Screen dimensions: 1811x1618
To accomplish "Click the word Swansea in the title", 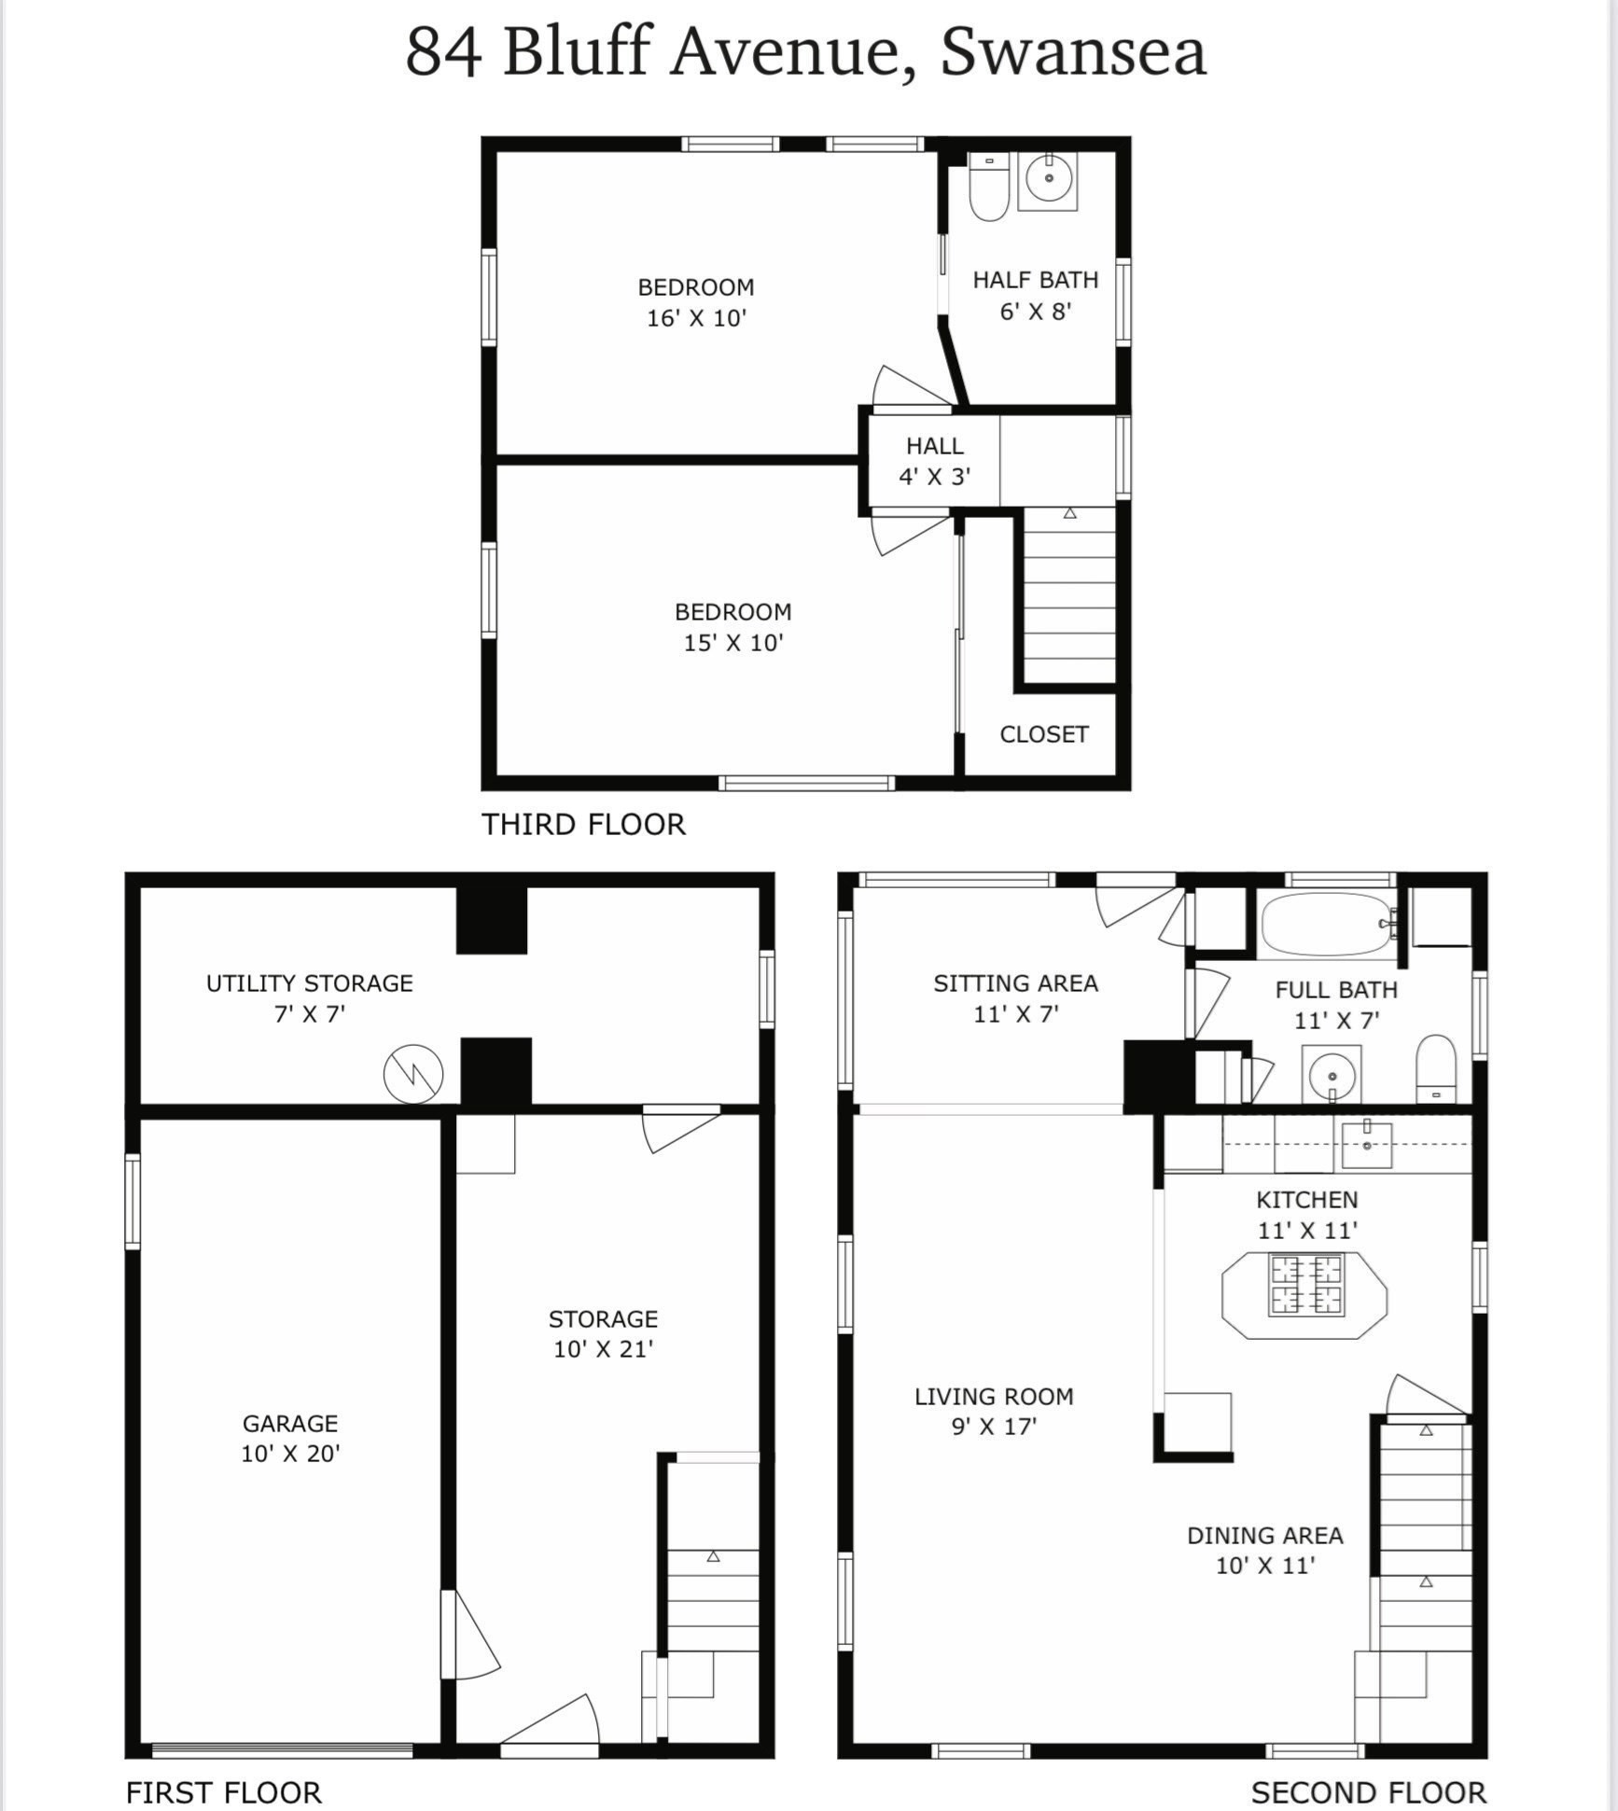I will tap(1073, 52).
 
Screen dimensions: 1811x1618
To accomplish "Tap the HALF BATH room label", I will tap(1035, 280).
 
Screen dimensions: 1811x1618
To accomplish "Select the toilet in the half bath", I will tap(988, 188).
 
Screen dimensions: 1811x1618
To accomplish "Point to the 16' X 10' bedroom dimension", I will tap(696, 318).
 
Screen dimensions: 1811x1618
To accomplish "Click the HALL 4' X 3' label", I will tap(934, 461).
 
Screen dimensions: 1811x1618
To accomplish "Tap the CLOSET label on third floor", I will tap(1043, 734).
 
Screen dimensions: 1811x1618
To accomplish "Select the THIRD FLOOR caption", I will tap(583, 824).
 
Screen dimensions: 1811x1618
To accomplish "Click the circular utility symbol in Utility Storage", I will tap(413, 1074).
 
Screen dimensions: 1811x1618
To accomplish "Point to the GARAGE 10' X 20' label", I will tap(290, 1438).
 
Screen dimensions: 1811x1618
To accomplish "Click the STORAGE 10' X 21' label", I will tap(603, 1333).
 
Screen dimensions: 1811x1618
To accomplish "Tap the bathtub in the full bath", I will tap(1328, 924).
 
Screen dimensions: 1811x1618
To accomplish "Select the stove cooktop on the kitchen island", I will tap(1305, 1285).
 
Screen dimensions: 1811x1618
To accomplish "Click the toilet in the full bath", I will tap(1435, 1068).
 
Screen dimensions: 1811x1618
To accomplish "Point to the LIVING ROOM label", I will tap(994, 1397).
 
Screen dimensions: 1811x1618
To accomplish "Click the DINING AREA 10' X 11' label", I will tap(1264, 1550).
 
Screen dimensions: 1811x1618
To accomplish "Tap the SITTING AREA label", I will tap(1015, 983).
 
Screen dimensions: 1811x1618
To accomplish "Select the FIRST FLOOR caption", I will tap(223, 1792).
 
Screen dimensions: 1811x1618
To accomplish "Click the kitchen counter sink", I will tap(1366, 1144).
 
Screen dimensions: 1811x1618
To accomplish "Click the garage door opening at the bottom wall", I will tap(282, 1750).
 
